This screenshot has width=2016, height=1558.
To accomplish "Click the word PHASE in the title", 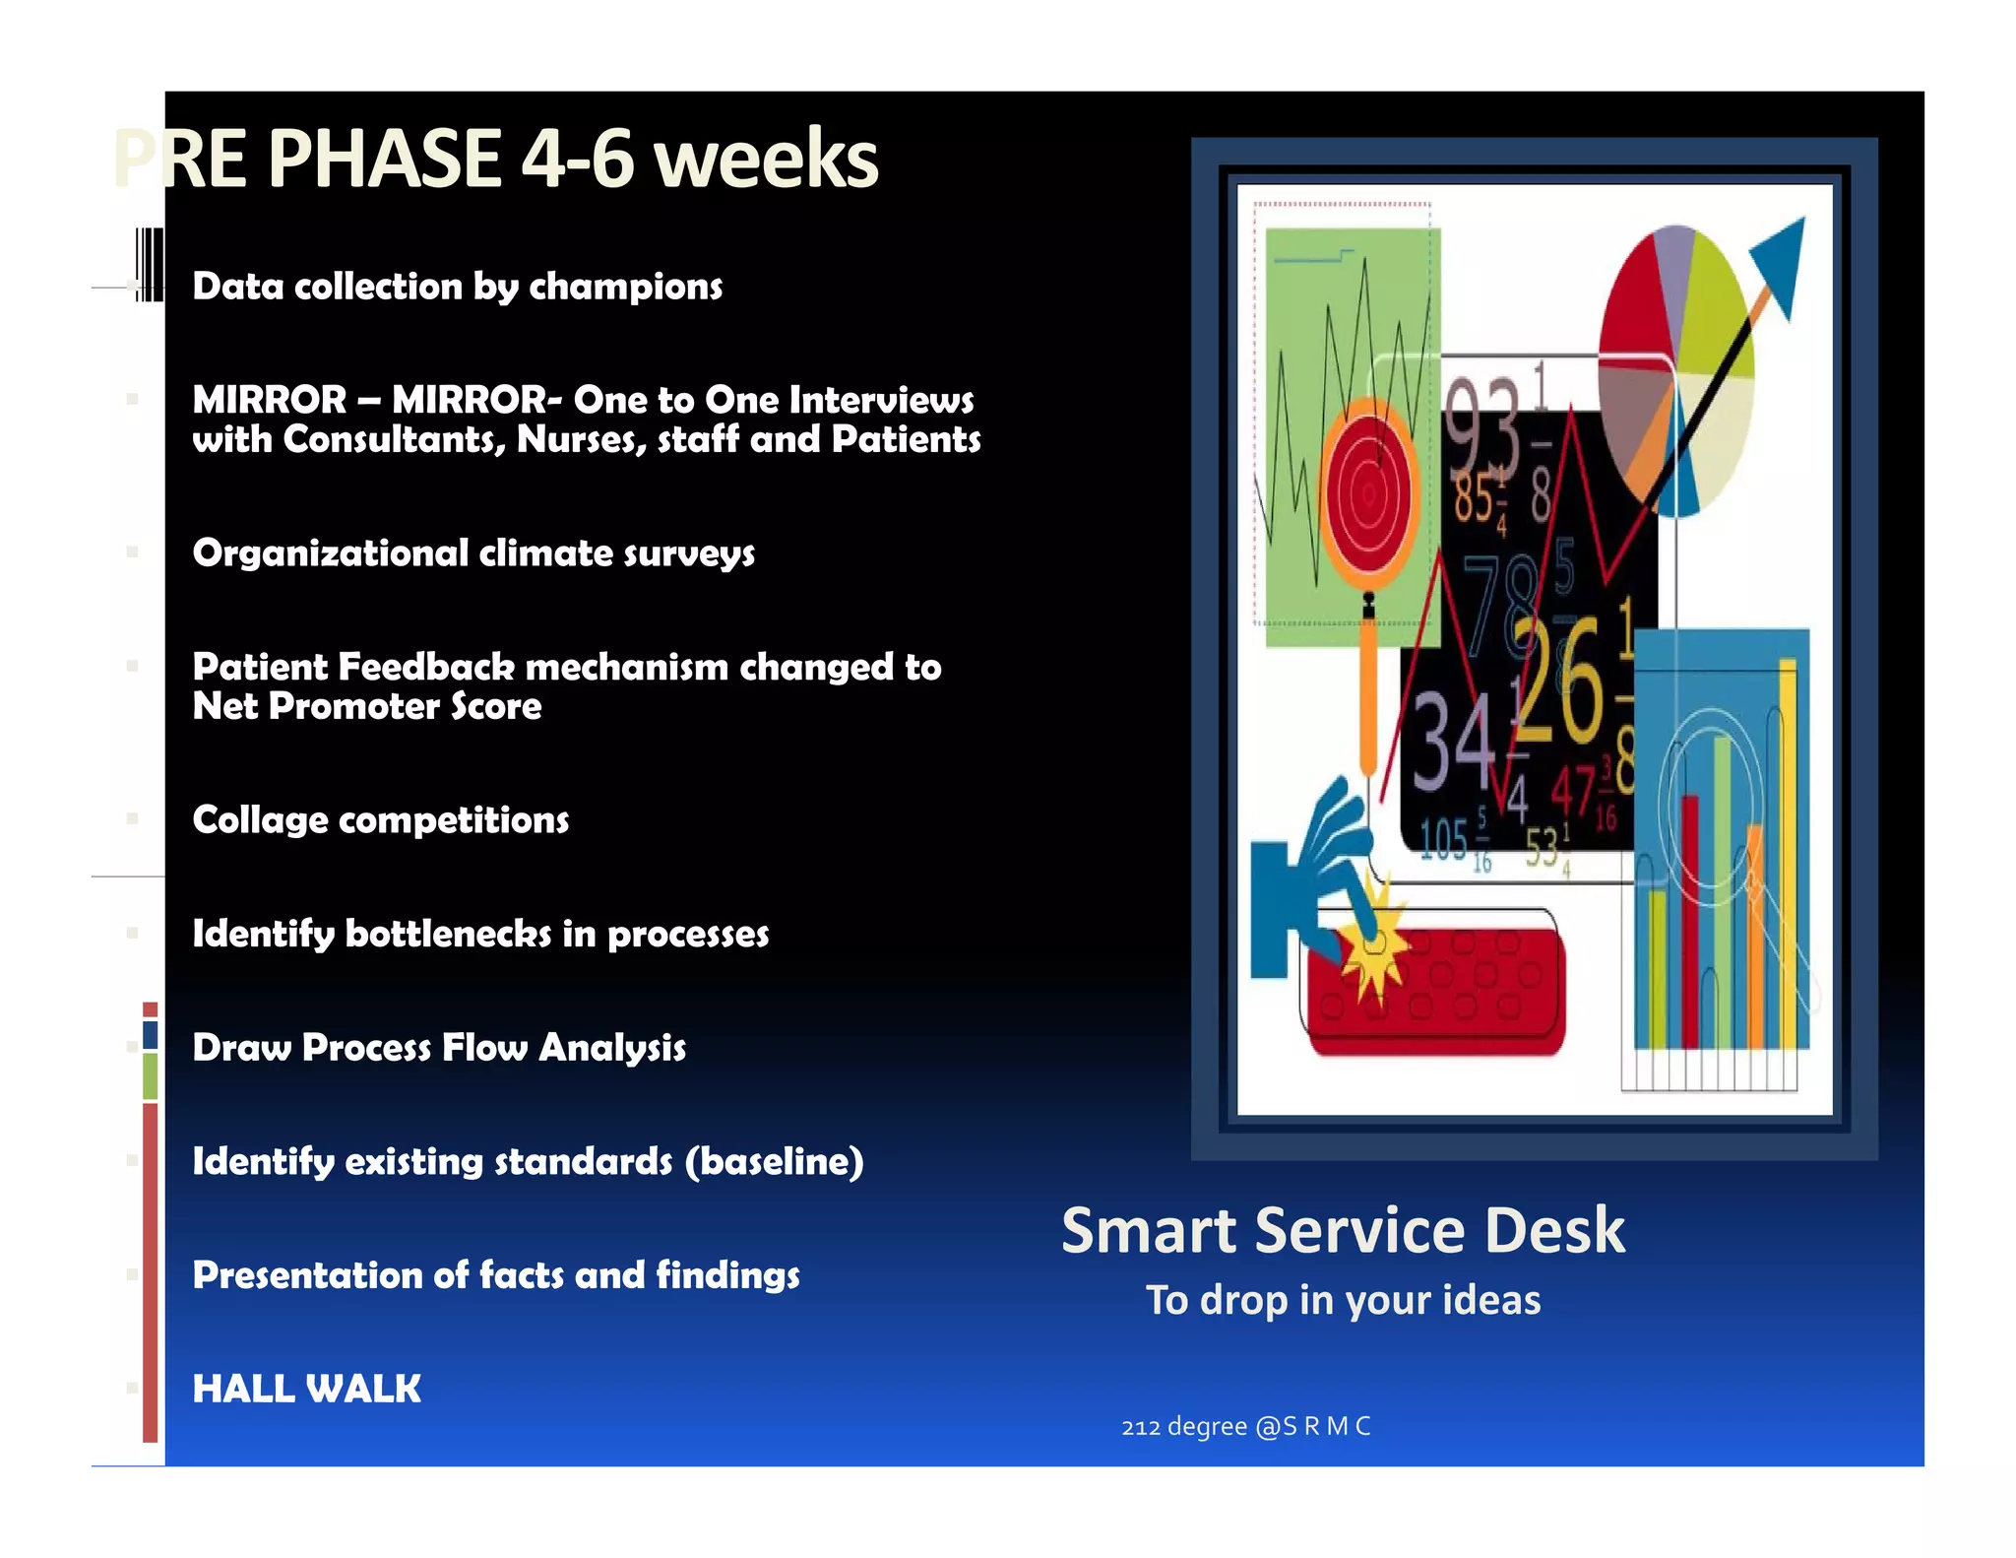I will coord(385,160).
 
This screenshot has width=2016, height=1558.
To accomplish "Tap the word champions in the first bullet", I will coord(625,287).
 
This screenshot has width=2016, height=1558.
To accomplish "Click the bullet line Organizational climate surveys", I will coord(473,553).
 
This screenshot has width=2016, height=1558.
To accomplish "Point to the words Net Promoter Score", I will coord(366,706).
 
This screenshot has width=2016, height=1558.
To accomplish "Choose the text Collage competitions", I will coord(380,820).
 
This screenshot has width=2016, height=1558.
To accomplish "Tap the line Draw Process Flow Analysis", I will coord(439,1048).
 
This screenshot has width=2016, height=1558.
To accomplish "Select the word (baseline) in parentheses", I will coord(775,1162).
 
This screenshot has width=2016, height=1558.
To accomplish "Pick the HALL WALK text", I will coord(306,1390).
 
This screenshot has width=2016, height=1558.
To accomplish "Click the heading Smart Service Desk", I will coord(1343,1231).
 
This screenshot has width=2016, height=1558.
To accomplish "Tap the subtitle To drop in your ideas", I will coord(1343,1301).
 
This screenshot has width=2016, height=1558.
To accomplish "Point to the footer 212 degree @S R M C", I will coord(1245,1427).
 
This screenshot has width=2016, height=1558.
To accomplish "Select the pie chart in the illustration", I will coord(1673,369).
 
